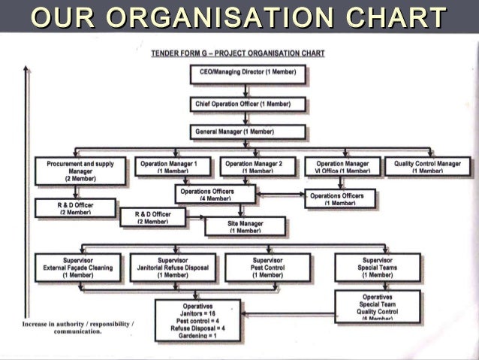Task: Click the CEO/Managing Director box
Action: (248, 74)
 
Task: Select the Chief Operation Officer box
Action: (248, 104)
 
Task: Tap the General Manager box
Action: (248, 132)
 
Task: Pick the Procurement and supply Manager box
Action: (80, 171)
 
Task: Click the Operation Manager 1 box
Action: (173, 166)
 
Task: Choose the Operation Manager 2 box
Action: (254, 166)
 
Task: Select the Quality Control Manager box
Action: (427, 166)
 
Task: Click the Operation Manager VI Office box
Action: (342, 166)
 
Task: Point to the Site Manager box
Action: (245, 226)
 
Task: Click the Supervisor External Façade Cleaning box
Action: (78, 267)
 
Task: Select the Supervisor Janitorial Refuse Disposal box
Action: (173, 267)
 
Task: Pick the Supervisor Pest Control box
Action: (267, 267)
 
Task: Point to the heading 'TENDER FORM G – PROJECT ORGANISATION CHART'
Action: (238, 53)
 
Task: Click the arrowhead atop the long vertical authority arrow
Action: (27, 68)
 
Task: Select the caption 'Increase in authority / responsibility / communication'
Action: (78, 327)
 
